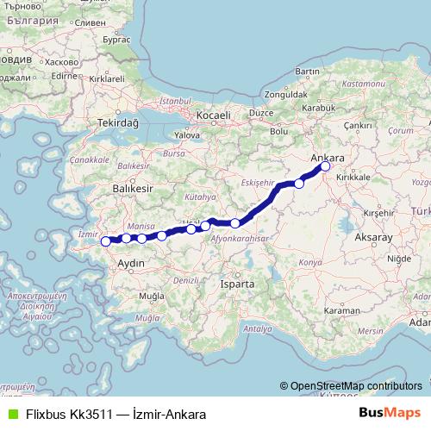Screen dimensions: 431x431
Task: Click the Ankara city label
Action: tap(327, 159)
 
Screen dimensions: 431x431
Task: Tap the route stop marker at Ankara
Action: tap(325, 167)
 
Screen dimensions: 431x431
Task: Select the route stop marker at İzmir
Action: tap(105, 242)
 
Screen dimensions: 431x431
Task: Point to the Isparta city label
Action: tap(237, 284)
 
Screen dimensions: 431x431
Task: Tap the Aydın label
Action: tap(131, 261)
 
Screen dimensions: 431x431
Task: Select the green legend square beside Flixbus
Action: tap(11, 414)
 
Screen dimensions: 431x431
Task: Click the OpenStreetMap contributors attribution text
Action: tap(354, 385)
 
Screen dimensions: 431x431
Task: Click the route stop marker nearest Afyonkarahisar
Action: tap(235, 223)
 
